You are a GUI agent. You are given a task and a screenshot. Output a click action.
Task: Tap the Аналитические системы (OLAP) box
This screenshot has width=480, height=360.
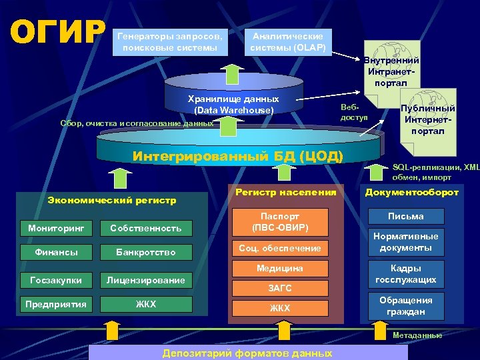click(x=287, y=41)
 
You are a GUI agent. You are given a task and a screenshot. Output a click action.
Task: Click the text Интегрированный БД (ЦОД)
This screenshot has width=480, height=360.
click(x=238, y=157)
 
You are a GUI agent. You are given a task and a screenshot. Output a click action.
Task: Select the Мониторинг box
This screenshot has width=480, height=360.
click(x=56, y=228)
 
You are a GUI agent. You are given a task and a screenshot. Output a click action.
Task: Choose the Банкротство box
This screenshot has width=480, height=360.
click(x=145, y=253)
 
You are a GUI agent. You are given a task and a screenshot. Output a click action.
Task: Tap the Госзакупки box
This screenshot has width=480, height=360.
click(x=56, y=280)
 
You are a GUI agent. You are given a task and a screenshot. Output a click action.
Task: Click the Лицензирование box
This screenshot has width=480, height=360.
click(x=145, y=280)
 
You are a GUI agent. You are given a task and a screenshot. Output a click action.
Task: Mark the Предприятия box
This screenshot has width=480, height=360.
click(x=56, y=305)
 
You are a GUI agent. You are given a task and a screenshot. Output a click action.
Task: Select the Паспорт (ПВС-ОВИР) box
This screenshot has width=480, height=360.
click(x=280, y=221)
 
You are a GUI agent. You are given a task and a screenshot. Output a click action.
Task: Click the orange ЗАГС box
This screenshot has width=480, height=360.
click(x=280, y=289)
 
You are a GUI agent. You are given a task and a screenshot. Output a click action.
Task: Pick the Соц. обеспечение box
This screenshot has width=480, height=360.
click(x=280, y=249)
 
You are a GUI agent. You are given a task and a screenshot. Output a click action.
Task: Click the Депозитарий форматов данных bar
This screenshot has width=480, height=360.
click(x=247, y=353)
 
